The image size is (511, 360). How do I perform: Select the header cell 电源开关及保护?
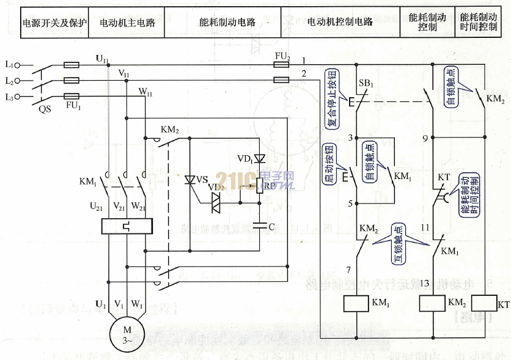point(55,23)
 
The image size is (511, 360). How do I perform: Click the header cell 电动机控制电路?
point(340,23)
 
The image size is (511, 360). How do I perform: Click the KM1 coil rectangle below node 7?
point(355,304)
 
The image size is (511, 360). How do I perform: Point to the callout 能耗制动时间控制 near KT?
point(470,192)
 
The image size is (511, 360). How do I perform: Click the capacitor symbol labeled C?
point(263,226)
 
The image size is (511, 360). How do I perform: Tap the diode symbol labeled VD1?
point(260,159)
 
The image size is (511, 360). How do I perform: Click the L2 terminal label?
point(9,81)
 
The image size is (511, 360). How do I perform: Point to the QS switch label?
point(45,110)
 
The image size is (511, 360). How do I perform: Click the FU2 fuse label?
point(282,56)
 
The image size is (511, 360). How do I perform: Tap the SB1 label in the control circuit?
point(366,83)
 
